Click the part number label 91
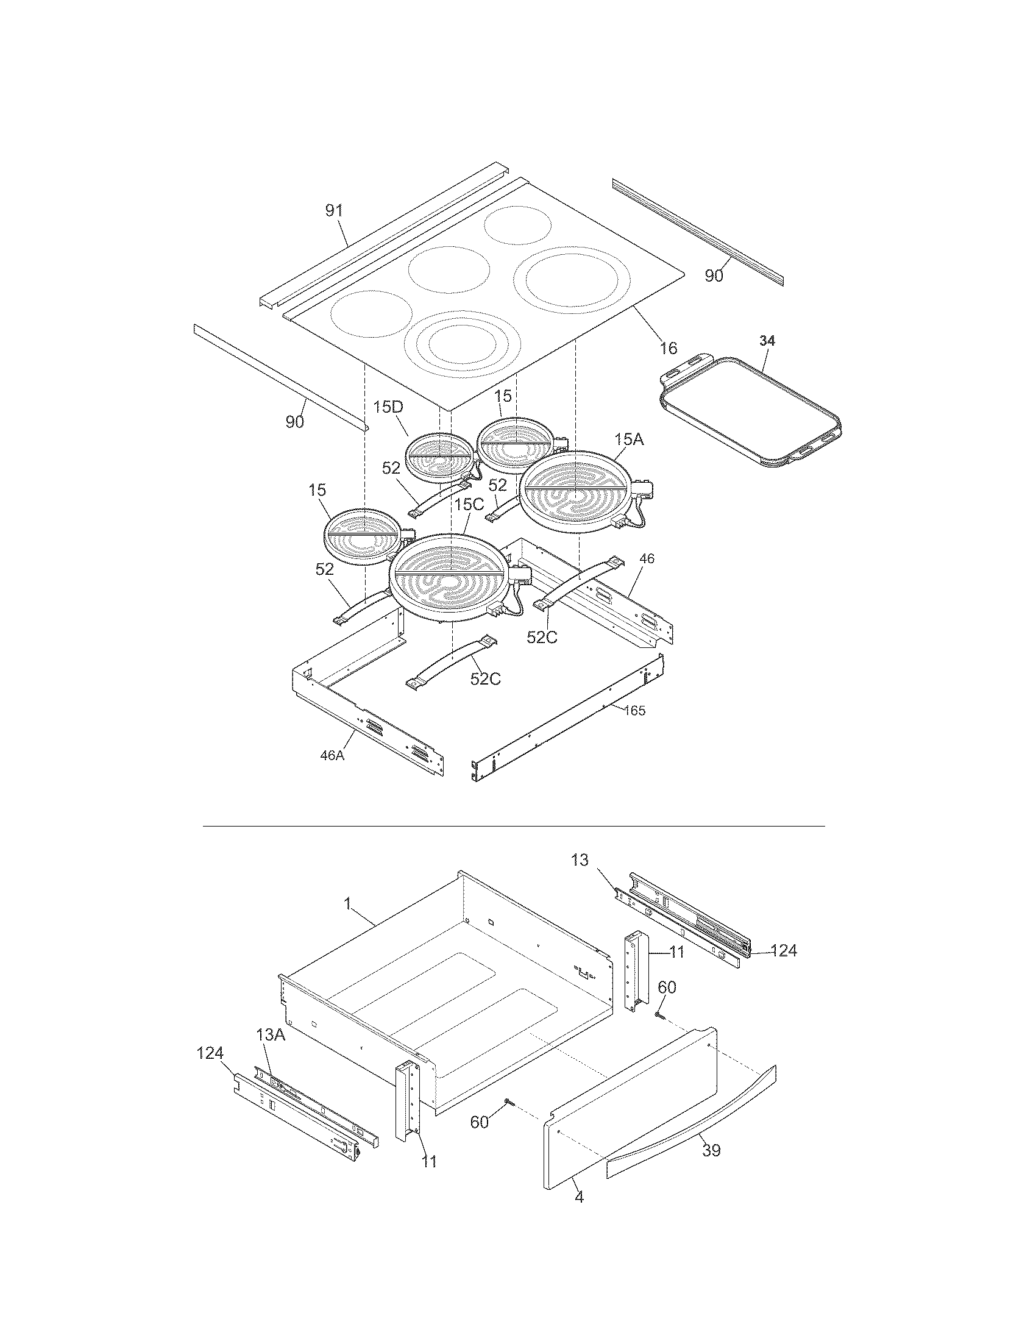334,211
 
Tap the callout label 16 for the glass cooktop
669,348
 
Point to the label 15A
629,439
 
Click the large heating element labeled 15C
450,575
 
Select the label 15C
470,504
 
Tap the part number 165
634,710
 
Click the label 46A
332,756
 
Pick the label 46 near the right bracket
647,558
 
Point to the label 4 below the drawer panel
579,1214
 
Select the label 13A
271,1034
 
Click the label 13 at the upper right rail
580,860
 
